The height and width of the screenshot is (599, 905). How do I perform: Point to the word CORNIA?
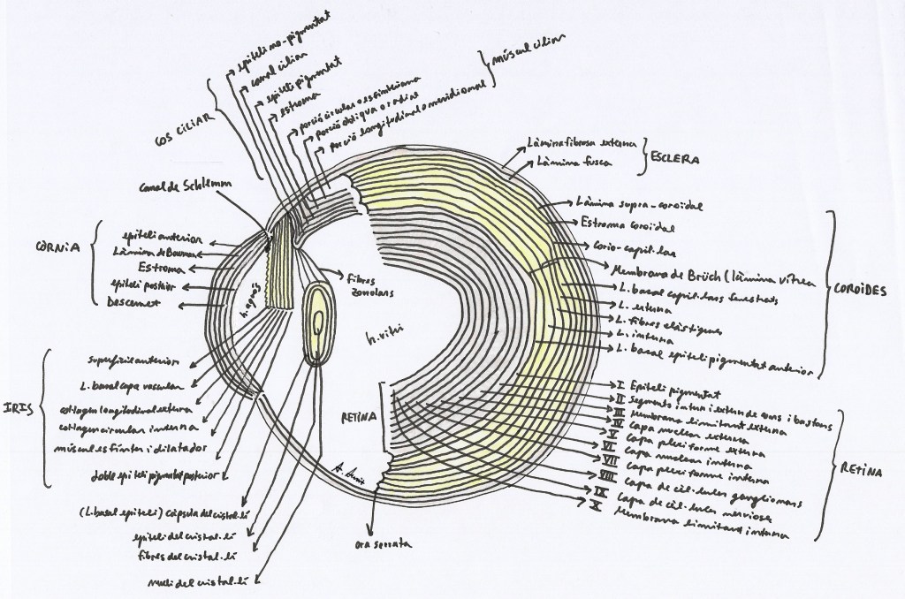pyautogui.click(x=55, y=249)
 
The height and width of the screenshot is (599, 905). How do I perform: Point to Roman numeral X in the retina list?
pyautogui.click(x=597, y=505)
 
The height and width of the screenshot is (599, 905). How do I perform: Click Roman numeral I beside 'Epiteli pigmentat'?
pyautogui.click(x=621, y=385)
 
